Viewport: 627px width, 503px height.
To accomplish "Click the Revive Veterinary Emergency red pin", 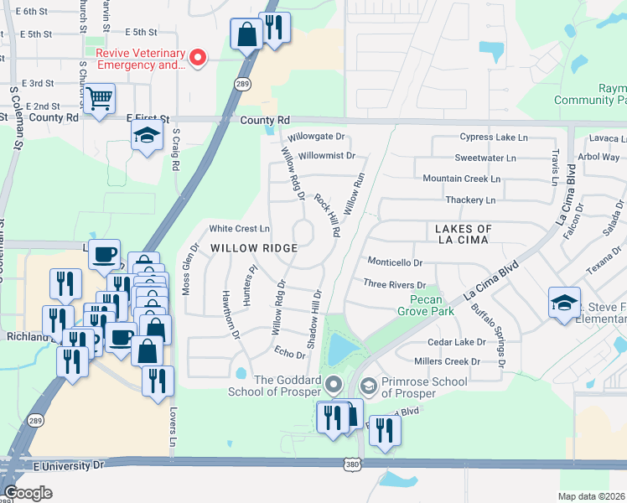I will tap(199, 58).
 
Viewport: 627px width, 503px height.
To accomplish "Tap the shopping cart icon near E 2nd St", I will tap(99, 100).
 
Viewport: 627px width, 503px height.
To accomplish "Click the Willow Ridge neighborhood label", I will tap(254, 248).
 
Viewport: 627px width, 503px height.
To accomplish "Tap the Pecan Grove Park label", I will tap(432, 306).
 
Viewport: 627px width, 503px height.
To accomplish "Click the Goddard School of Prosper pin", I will tap(334, 386).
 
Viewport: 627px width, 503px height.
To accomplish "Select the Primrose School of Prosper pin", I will tap(367, 386).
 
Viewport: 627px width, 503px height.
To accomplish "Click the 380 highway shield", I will tap(352, 463).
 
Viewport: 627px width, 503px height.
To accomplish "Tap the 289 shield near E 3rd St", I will tap(242, 85).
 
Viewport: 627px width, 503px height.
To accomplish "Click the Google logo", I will tap(28, 493).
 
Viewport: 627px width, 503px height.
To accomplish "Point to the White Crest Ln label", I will tap(240, 228).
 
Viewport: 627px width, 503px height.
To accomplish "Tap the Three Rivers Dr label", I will tap(395, 285).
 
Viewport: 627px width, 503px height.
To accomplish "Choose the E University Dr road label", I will tap(67, 464).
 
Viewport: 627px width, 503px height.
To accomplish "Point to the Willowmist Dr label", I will tap(327, 156).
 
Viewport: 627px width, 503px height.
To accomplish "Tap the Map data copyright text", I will tap(592, 496).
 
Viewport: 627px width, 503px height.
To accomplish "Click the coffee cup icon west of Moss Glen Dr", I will tap(105, 253).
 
